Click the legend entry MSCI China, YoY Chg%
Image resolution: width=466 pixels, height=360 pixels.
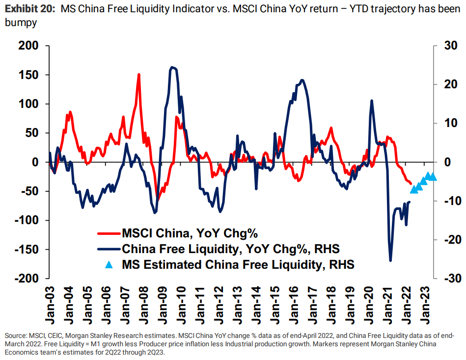click(x=190, y=232)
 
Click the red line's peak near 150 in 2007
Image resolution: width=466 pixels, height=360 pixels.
click(x=139, y=75)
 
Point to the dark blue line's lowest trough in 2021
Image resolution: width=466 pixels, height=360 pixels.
click(x=391, y=260)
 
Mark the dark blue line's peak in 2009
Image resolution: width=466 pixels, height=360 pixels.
click(x=172, y=67)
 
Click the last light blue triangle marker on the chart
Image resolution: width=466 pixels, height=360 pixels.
click(x=433, y=177)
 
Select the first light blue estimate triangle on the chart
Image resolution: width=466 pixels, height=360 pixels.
click(x=413, y=190)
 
